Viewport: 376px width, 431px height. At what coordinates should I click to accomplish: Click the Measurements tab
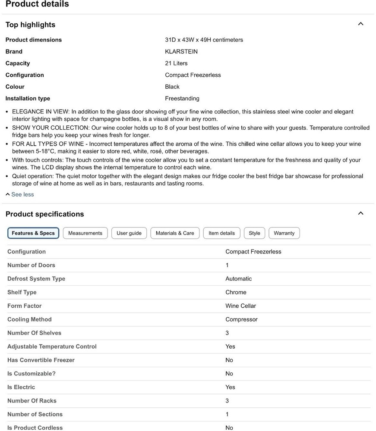85,233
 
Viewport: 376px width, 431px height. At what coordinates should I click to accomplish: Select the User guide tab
129,233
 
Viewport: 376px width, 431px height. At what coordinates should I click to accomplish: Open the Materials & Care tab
175,233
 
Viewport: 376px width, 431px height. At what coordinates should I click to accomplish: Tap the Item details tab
221,233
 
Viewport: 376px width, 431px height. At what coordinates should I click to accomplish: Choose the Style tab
255,233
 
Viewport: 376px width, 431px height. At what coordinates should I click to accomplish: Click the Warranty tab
284,233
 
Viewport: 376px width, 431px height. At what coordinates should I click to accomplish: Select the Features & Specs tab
33,233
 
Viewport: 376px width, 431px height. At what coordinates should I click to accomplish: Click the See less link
22,194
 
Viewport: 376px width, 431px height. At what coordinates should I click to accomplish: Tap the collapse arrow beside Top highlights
361,24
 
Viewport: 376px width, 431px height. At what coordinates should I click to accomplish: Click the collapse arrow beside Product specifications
361,213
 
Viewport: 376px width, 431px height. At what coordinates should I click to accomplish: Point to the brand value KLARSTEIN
181,52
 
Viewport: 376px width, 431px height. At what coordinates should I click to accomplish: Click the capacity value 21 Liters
176,63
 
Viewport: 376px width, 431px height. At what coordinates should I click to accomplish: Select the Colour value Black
172,87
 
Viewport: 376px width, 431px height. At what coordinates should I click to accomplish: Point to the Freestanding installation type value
182,98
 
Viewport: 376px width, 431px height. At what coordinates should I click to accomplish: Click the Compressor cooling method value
241,319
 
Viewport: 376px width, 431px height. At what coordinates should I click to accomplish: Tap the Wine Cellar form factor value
240,306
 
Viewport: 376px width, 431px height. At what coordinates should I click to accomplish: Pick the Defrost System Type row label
36,279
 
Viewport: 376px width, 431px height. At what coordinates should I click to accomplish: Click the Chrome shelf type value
236,292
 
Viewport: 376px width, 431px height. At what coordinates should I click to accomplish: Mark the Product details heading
37,4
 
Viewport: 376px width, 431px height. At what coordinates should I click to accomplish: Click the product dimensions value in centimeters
204,40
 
